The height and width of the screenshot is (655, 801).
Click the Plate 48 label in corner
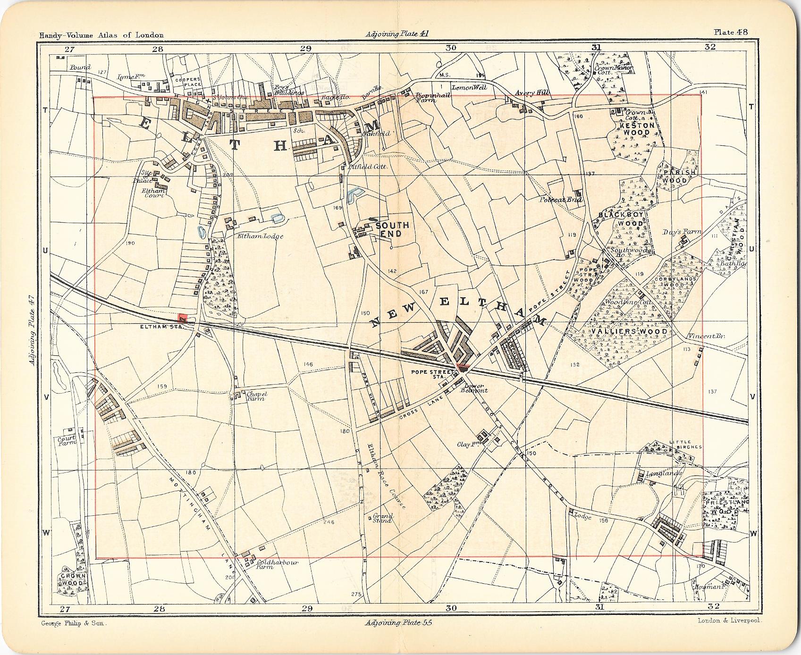point(731,32)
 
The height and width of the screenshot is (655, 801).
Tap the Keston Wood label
point(637,129)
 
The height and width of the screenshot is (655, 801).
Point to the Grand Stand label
point(382,518)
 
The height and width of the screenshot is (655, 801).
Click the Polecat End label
point(562,200)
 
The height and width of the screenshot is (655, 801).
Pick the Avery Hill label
point(531,93)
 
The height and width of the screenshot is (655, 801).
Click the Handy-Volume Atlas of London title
point(101,35)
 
